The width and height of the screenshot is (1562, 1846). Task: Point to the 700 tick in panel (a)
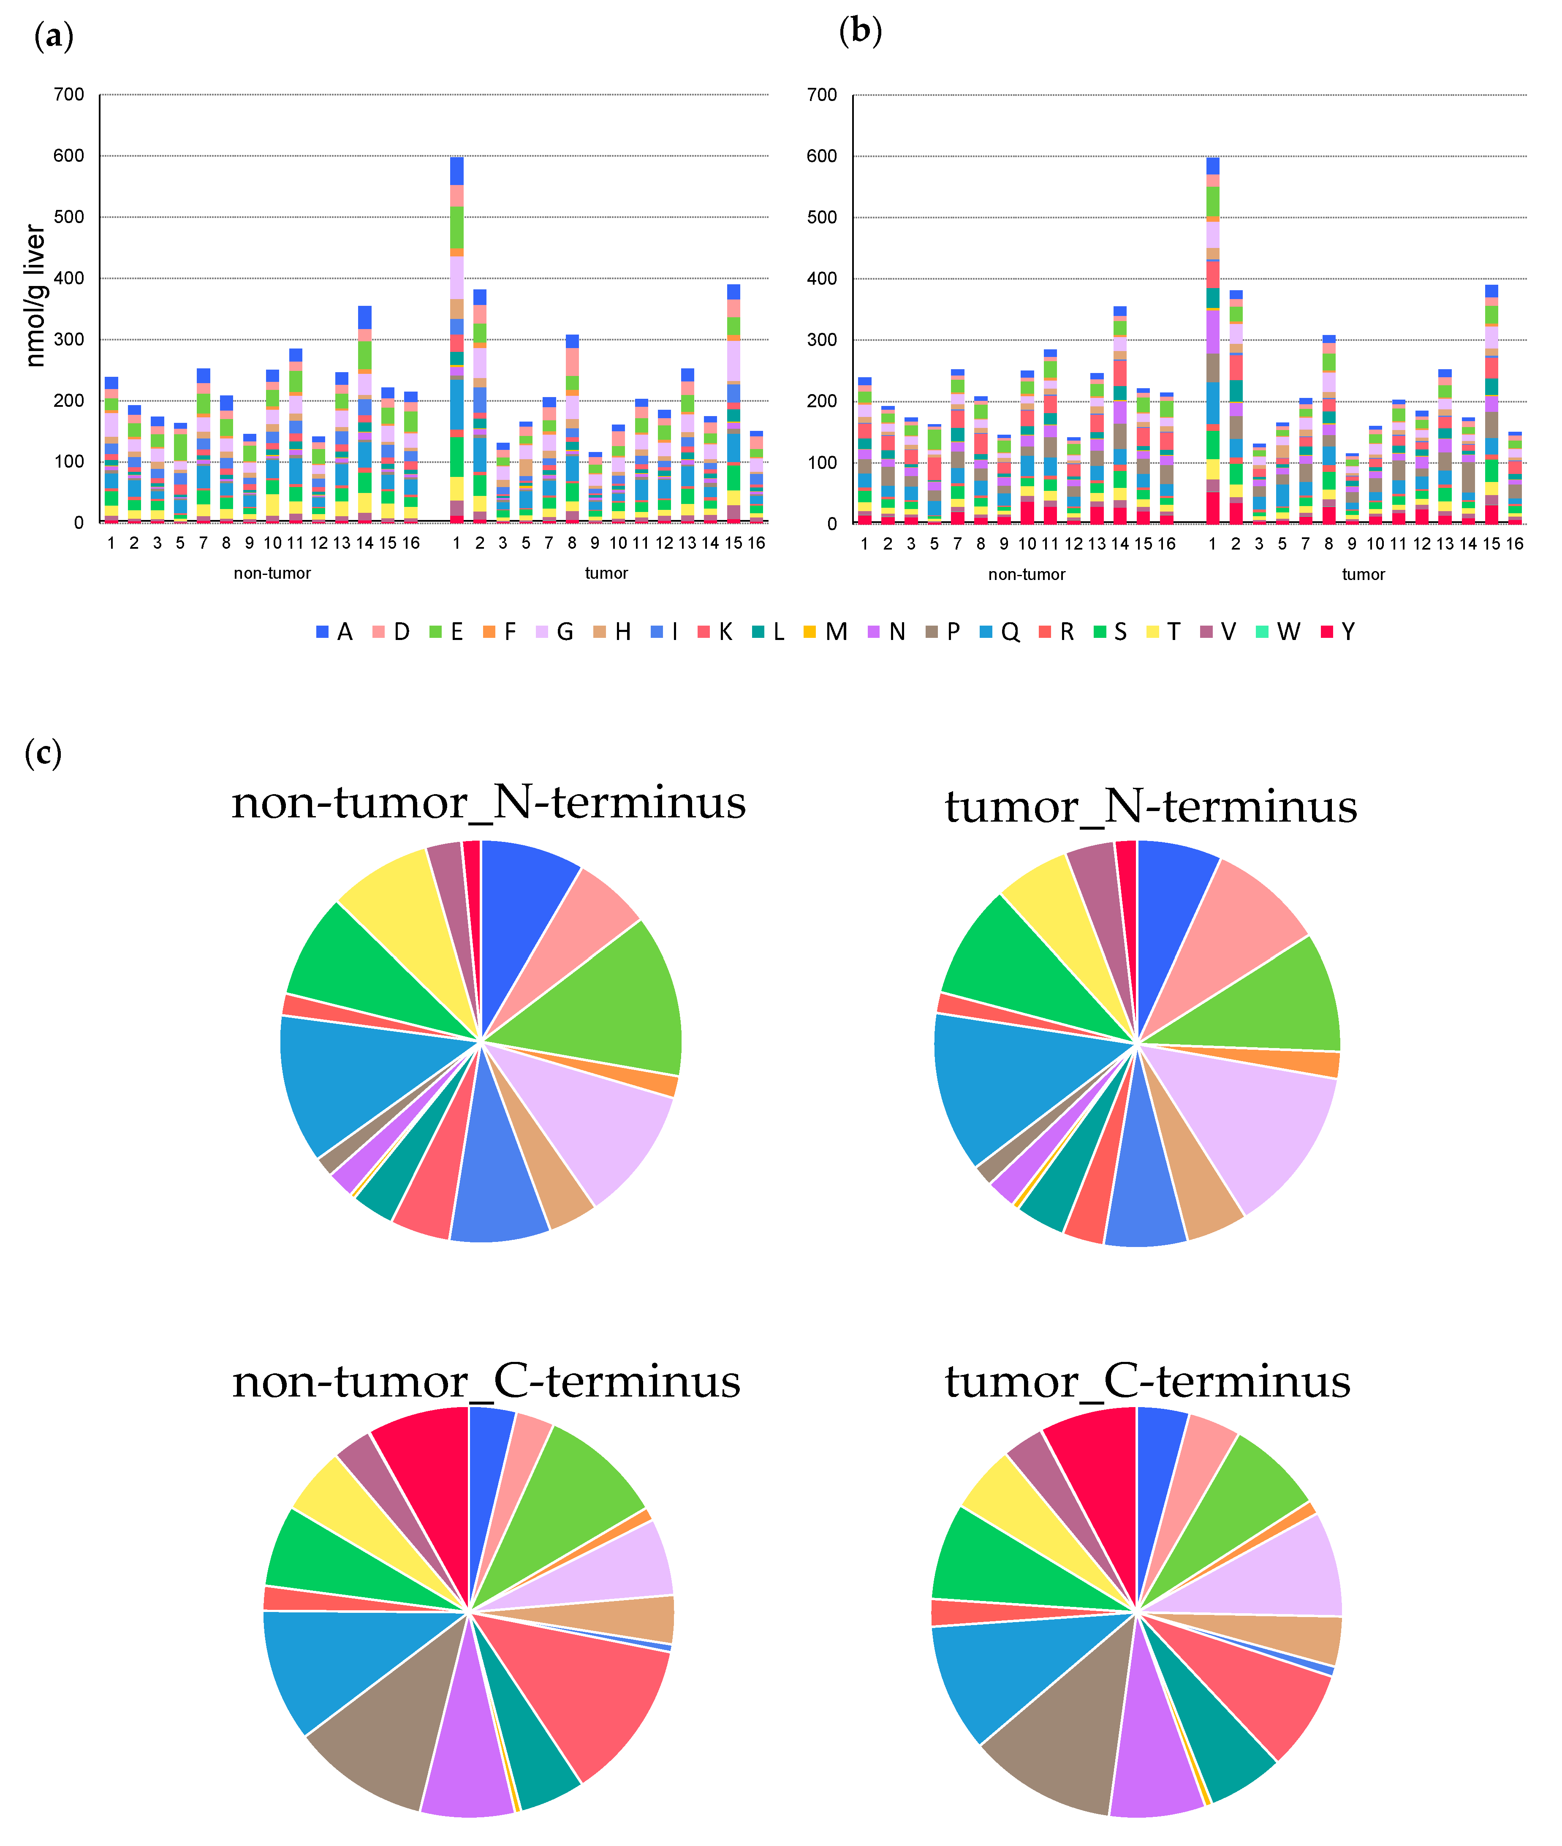click(69, 95)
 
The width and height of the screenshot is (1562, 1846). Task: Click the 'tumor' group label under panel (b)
click(1363, 574)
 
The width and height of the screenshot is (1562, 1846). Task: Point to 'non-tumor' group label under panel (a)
click(272, 573)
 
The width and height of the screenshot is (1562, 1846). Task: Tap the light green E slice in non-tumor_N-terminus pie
click(602, 992)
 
